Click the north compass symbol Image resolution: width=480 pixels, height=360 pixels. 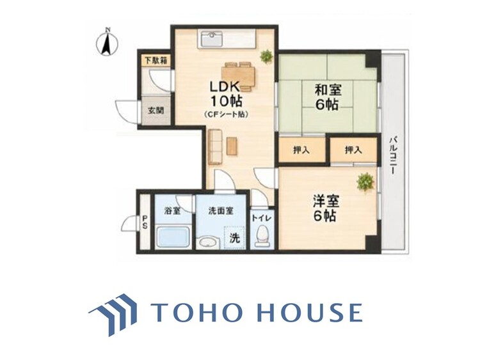click(107, 43)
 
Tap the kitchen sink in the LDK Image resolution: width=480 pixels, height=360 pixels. click(212, 40)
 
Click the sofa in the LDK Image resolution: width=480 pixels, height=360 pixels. click(215, 146)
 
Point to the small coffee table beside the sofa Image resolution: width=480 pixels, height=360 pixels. click(232, 146)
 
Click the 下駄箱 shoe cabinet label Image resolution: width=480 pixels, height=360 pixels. click(156, 61)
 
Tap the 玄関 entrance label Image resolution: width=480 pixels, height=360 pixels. click(156, 111)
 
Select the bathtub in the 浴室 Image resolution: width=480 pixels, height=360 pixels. click(173, 236)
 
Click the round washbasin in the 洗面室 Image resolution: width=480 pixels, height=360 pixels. click(208, 242)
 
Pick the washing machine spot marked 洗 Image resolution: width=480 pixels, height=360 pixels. click(234, 238)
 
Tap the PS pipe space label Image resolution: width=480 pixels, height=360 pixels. click(145, 223)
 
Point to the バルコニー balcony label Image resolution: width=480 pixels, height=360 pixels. click(393, 155)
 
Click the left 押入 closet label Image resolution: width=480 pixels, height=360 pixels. click(301, 150)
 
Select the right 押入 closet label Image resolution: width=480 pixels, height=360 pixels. click(353, 150)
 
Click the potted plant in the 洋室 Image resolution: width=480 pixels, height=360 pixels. click(365, 182)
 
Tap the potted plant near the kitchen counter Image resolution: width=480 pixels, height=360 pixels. click(266, 56)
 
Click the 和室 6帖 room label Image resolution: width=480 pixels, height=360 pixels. click(328, 97)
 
